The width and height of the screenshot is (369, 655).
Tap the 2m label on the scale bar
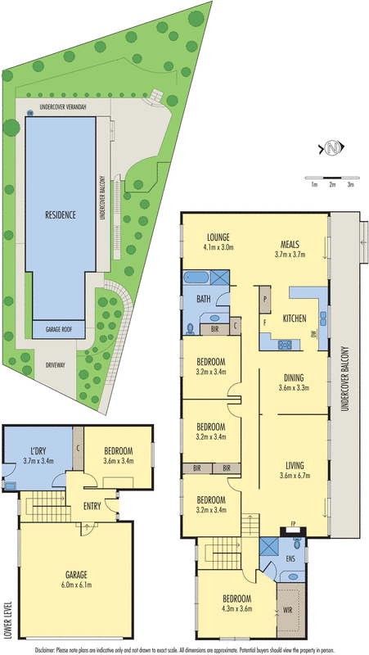332,186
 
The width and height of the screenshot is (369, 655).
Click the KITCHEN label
294,317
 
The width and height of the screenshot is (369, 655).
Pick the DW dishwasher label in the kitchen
314,334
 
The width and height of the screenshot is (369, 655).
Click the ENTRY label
92,506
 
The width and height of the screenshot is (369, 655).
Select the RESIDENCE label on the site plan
60,215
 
